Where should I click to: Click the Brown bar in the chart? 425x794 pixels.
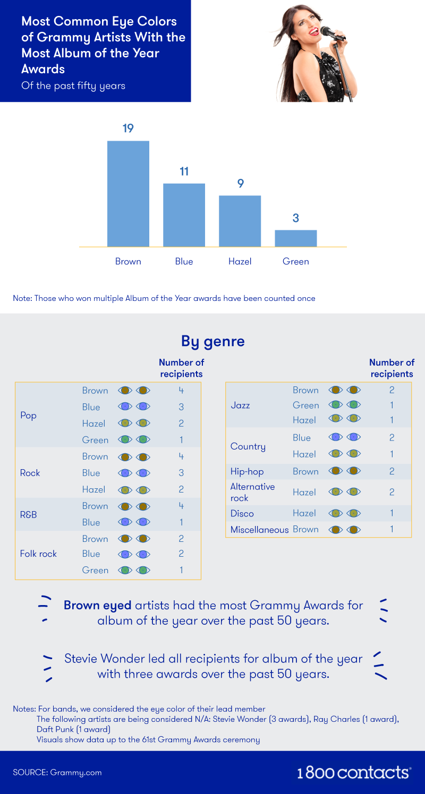coord(128,194)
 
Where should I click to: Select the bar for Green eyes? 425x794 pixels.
coord(295,238)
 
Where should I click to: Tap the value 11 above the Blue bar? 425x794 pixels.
coord(184,171)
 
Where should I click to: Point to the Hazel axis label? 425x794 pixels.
coord(240,262)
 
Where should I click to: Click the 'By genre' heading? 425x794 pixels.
coord(212,341)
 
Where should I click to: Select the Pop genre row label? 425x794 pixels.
coord(28,415)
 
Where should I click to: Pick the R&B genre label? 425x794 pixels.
coord(28,514)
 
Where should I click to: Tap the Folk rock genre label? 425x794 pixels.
coord(38,554)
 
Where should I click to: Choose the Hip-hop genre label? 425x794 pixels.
coord(247,471)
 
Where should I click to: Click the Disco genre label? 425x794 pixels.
coord(242,513)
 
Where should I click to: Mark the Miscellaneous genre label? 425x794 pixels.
coord(260,529)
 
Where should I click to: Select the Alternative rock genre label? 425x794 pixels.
coord(252,492)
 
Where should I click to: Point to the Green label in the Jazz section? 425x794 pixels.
coord(305,405)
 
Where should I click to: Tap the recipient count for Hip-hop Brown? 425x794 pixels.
coord(392,471)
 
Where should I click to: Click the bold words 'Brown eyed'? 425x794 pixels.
coord(97,605)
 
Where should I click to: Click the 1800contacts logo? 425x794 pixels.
coord(354,772)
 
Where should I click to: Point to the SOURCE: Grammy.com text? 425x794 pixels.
coord(57,773)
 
